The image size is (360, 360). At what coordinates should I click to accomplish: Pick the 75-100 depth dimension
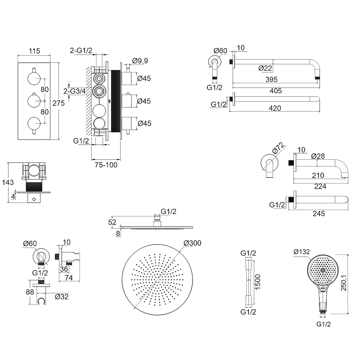[106, 165]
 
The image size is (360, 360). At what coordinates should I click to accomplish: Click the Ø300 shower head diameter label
[192, 243]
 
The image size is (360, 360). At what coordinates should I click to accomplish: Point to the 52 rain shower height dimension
[112, 221]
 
